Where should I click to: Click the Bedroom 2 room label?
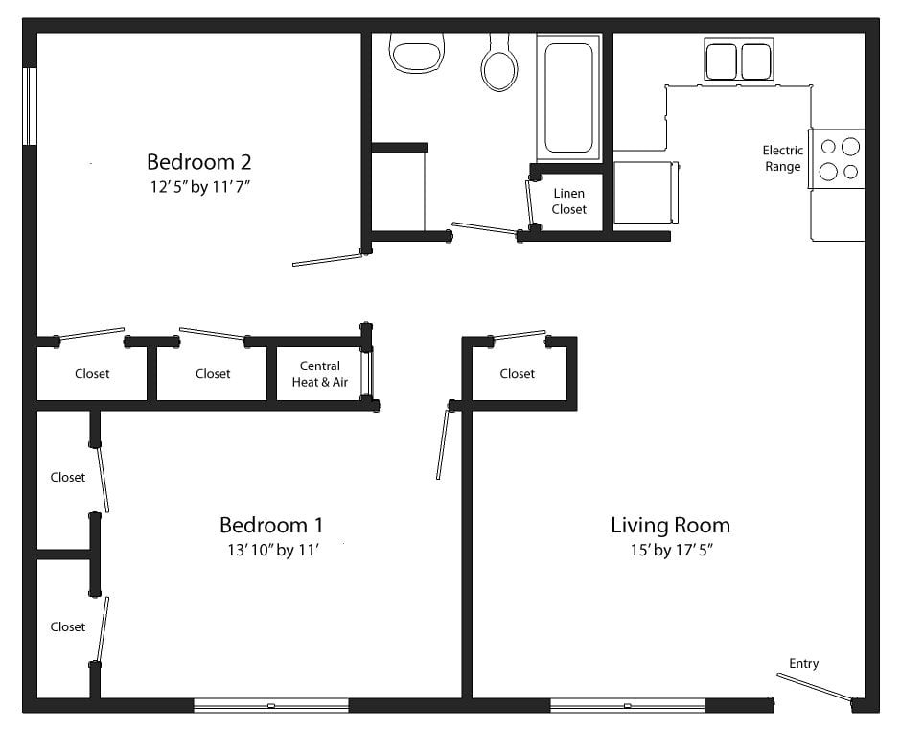coord(199,160)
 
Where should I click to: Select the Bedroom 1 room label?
coord(270,525)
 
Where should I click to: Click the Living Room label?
coord(670,525)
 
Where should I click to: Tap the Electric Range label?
coord(782,158)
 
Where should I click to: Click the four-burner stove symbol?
coord(838,159)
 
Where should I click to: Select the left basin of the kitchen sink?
coord(721,61)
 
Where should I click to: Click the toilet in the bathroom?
coord(498,65)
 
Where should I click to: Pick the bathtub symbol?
coord(568,96)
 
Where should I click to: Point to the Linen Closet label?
coord(568,201)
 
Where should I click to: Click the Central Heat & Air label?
coord(319,374)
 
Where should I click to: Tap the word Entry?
coord(803,663)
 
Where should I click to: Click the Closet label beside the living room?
coord(517,374)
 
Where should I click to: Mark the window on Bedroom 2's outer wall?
coord(31,106)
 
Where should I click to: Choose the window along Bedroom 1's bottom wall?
coord(271,706)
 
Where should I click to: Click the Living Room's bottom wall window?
coord(627,706)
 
